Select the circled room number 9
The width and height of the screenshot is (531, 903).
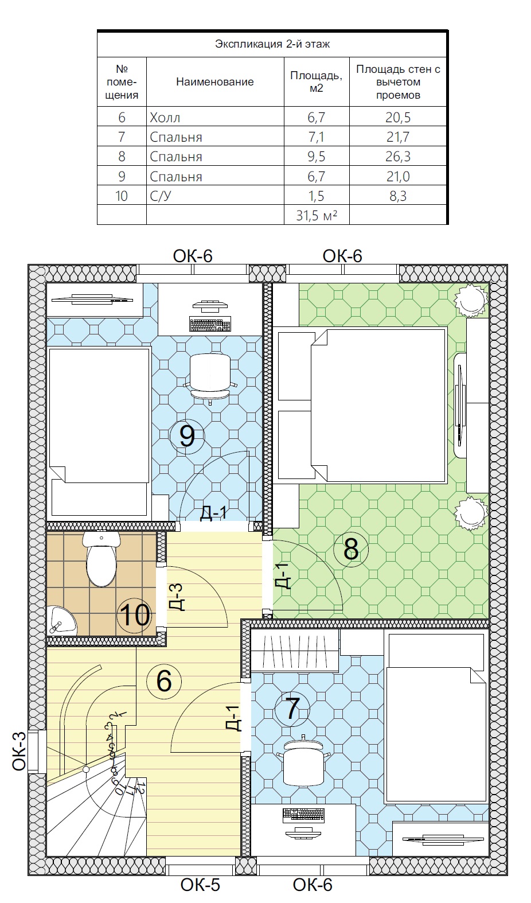tap(188, 436)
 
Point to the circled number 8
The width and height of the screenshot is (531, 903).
tap(351, 549)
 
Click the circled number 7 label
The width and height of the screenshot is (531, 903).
tap(292, 709)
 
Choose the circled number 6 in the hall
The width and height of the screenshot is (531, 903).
tap(164, 682)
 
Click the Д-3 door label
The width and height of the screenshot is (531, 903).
tap(176, 597)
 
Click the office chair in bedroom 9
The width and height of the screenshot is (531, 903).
tap(210, 378)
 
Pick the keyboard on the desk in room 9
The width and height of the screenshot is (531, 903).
tap(210, 324)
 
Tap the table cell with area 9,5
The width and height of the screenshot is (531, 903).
tap(317, 157)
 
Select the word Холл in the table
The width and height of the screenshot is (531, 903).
tap(165, 118)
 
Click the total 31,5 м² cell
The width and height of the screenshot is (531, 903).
tap(317, 215)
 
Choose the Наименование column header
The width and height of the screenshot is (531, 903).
tap(214, 82)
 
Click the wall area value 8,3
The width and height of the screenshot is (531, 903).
tap(398, 196)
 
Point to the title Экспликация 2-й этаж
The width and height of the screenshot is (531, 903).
tap(272, 44)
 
